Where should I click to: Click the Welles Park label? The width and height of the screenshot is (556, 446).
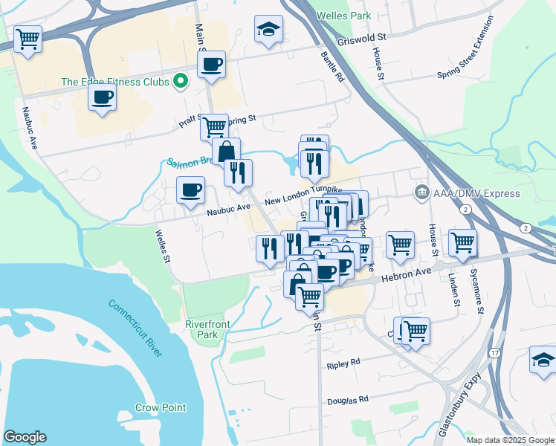(x=343, y=15)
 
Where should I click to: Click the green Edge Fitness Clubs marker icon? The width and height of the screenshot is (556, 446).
(x=180, y=81)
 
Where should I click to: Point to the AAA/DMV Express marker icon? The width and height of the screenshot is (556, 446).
(x=421, y=193)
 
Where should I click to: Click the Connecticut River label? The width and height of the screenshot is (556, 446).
(x=135, y=327)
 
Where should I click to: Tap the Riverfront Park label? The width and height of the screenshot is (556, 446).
(x=206, y=330)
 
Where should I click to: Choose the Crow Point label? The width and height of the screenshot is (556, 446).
(x=161, y=407)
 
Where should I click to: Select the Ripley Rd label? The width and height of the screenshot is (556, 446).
(x=343, y=363)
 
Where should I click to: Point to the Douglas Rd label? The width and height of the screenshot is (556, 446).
(x=348, y=400)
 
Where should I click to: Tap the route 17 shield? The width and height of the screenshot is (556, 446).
(x=494, y=352)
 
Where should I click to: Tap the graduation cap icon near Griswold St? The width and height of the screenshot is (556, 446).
(x=268, y=29)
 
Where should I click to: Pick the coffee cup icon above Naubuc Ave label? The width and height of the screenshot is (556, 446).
(x=190, y=190)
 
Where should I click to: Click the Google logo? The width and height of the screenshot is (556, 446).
(x=25, y=437)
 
